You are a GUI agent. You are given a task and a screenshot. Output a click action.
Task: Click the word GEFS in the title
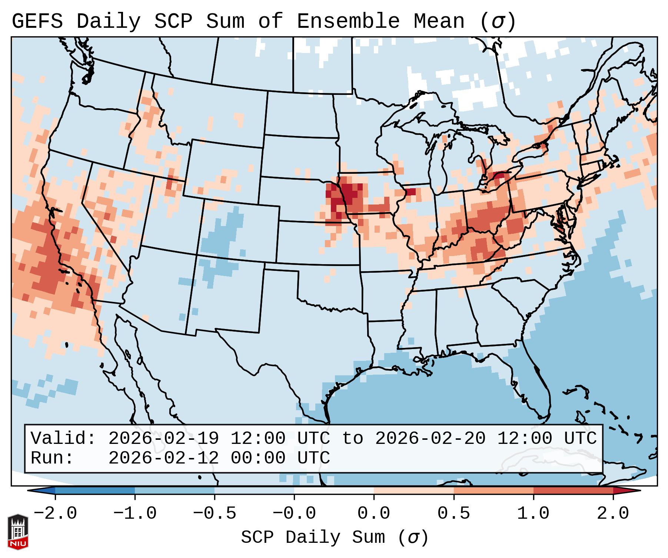tap(37, 21)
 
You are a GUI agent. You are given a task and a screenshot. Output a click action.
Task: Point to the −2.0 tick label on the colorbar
tap(55, 514)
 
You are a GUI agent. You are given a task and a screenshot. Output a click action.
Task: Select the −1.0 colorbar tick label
tap(135, 514)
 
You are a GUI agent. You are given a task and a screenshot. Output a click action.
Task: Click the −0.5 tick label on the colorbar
tap(215, 514)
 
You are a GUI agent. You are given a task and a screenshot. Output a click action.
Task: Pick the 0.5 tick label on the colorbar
tap(454, 514)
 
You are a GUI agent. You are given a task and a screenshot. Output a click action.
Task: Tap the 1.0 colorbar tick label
tap(534, 514)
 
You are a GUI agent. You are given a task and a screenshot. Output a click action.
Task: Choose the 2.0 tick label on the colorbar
tap(613, 514)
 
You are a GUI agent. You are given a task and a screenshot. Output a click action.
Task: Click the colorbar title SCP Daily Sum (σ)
tap(335, 537)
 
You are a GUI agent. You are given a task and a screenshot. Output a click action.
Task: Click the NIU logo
tap(18, 531)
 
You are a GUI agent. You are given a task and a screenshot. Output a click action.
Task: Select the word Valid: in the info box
tap(63, 438)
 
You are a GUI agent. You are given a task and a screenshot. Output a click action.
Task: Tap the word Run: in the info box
tap(52, 458)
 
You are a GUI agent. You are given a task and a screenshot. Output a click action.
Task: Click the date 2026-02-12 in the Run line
tap(163, 458)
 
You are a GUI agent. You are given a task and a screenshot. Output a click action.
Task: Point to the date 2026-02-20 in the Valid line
tap(430, 438)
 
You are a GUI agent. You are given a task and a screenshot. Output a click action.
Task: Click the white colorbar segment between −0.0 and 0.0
tap(334, 491)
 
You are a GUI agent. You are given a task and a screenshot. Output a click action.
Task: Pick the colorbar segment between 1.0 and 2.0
tap(573, 491)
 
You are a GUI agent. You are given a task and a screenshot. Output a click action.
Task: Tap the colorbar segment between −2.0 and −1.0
tap(95, 491)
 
